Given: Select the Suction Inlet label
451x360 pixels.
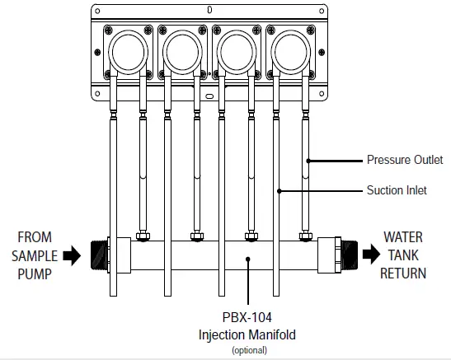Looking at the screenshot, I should pos(397,191).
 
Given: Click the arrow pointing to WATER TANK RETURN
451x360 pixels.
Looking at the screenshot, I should pos(365,254).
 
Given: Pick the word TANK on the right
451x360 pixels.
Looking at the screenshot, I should pos(403,255).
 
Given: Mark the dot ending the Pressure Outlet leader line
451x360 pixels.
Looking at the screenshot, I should pos(308,161).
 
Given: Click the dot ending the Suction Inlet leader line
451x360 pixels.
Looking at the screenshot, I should pos(280,191).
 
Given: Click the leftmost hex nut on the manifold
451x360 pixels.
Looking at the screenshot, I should pos(142,238).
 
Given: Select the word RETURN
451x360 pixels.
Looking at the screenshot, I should pos(403,272).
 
